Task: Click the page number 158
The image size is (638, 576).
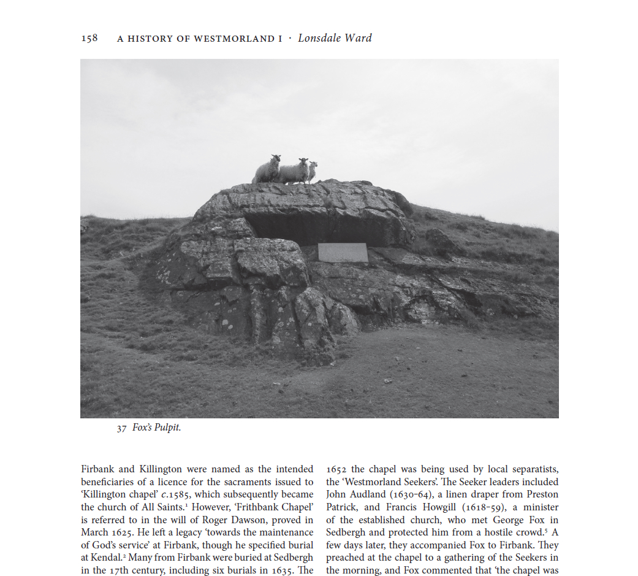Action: [89, 39]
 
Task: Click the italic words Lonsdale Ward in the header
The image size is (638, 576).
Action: [335, 38]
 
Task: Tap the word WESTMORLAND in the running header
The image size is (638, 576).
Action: [233, 39]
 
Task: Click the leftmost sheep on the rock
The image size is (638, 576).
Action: [268, 169]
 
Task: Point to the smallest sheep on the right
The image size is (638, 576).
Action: [313, 171]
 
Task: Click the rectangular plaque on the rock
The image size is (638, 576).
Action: [343, 252]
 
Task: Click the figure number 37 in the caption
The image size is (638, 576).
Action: [121, 428]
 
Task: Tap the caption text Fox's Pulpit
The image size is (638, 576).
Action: [157, 428]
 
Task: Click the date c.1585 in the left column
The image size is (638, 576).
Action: [173, 494]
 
